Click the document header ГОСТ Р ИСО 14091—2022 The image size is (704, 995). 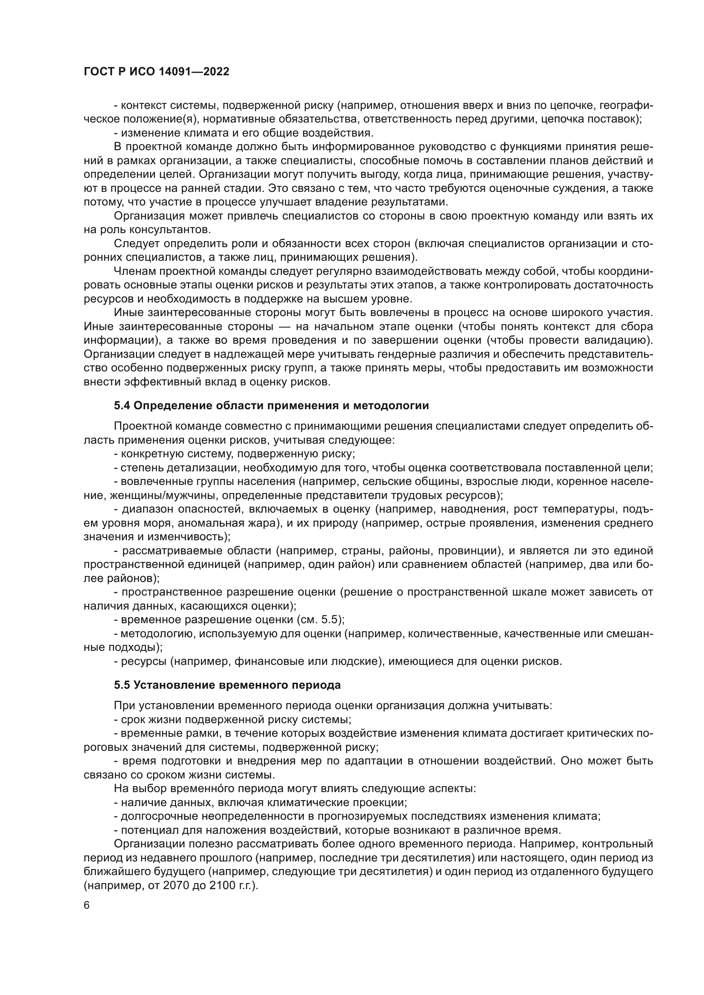coord(156,72)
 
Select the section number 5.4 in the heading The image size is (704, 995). coord(122,406)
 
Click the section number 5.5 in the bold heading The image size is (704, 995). coord(122,685)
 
